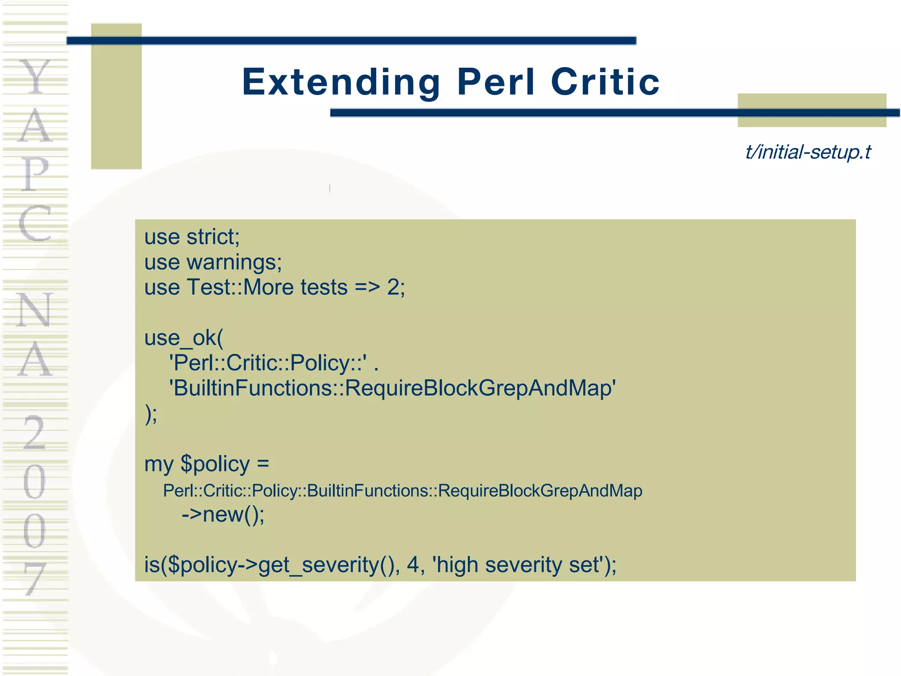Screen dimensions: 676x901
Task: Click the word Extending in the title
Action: (341, 82)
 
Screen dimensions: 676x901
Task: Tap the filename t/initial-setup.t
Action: (808, 152)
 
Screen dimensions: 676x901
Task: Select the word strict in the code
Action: (213, 237)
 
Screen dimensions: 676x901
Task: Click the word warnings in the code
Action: (234, 263)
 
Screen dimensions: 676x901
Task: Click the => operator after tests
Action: (367, 288)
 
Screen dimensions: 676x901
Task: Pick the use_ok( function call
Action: (184, 338)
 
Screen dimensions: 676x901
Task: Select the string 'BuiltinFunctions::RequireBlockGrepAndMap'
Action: (392, 389)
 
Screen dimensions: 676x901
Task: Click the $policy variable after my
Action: (215, 464)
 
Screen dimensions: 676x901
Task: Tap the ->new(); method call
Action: (223, 514)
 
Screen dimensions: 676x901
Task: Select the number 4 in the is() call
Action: (413, 565)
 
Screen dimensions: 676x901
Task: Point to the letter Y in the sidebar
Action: (35, 77)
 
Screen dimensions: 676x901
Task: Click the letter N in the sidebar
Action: (35, 310)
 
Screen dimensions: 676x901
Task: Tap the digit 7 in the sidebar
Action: (35, 579)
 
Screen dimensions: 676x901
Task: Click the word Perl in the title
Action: (496, 82)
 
